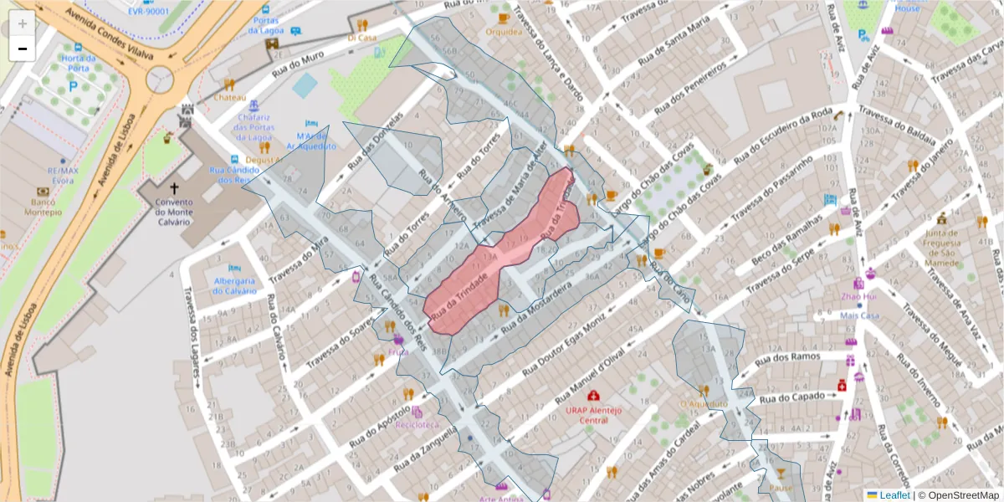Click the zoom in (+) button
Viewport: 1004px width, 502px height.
pyautogui.click(x=23, y=23)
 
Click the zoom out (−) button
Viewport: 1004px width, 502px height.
pyautogui.click(x=23, y=49)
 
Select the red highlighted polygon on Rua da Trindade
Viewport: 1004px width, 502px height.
pyautogui.click(x=502, y=259)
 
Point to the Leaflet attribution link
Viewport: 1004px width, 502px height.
pyautogui.click(x=894, y=495)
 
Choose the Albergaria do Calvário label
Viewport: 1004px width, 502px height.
pyautogui.click(x=223, y=285)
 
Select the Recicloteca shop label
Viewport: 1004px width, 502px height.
pyautogui.click(x=417, y=424)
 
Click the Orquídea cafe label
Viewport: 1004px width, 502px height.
pyautogui.click(x=503, y=32)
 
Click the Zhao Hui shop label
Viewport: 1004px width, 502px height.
pyautogui.click(x=858, y=296)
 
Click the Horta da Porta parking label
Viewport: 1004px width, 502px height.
pyautogui.click(x=77, y=63)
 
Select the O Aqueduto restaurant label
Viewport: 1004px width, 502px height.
pyautogui.click(x=703, y=403)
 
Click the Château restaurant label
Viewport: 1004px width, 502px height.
pyautogui.click(x=229, y=97)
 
